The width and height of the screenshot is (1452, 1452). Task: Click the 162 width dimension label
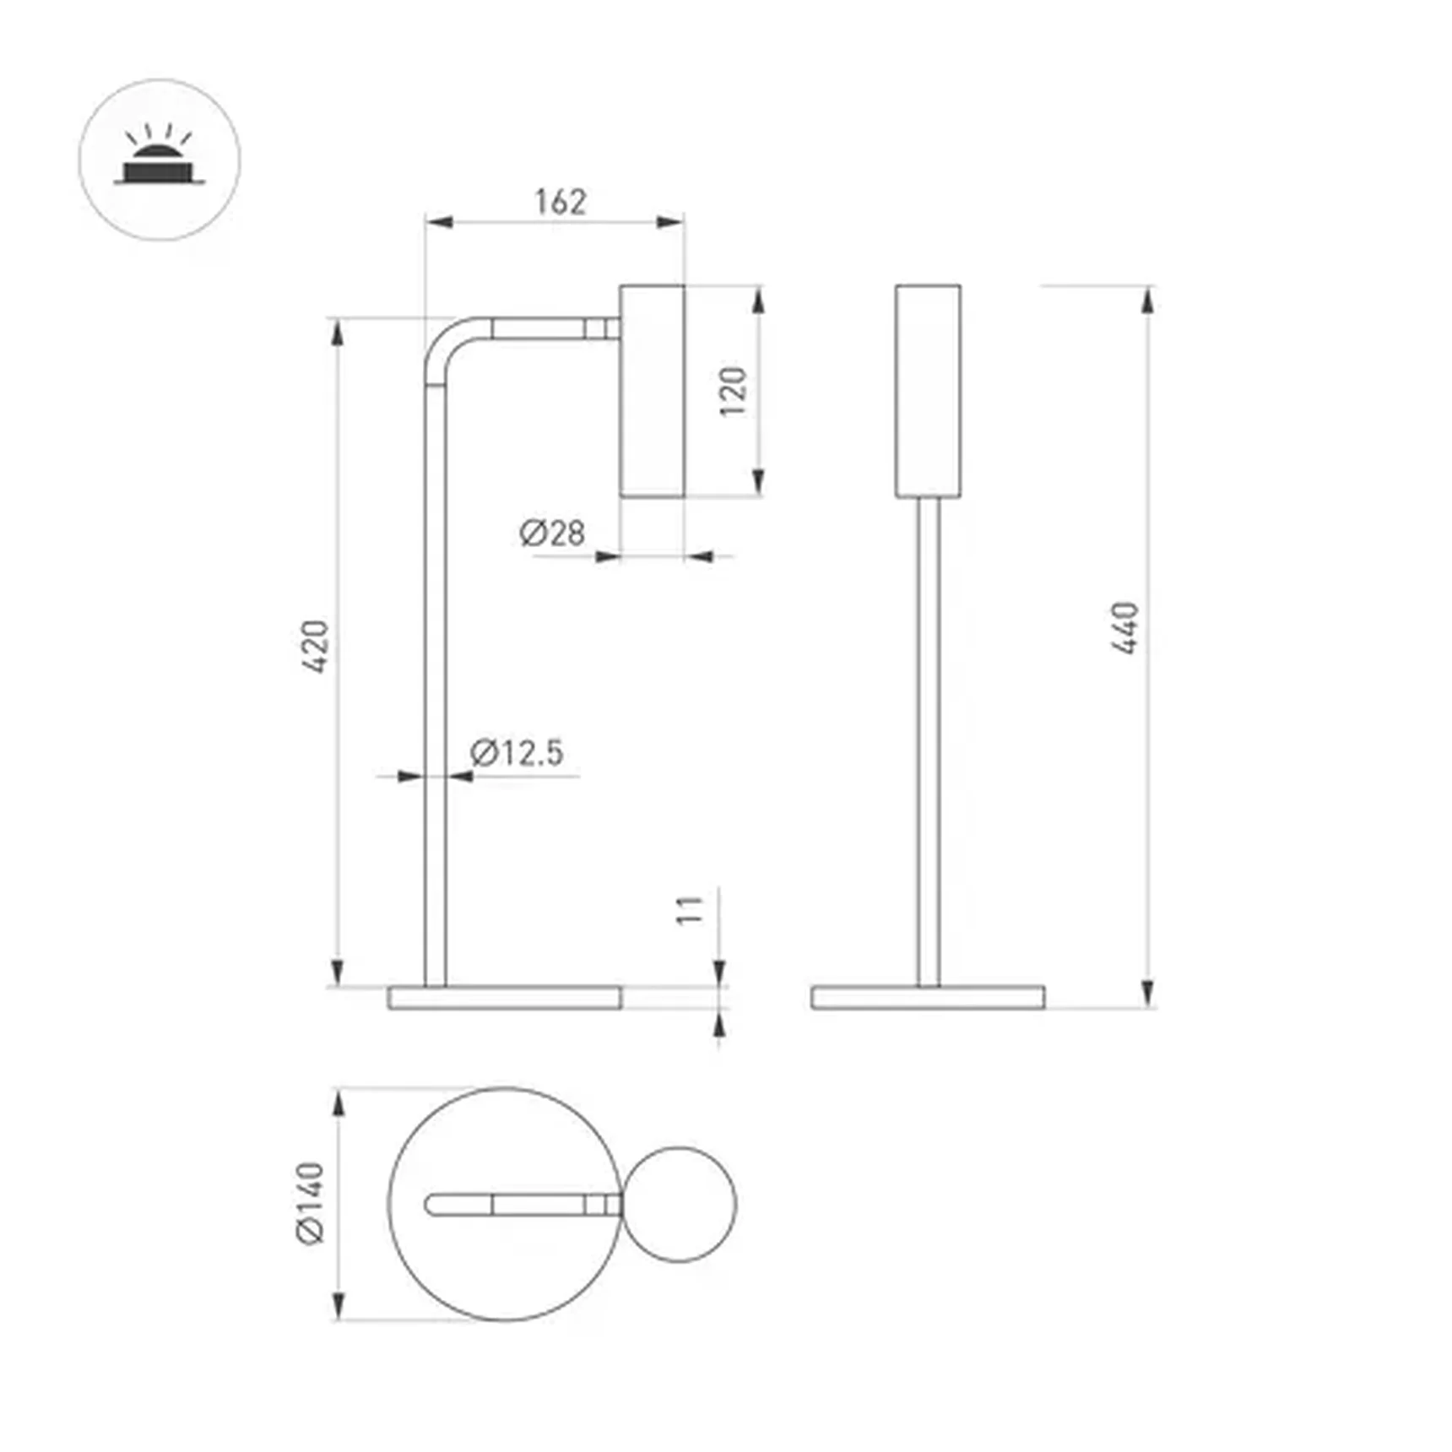560,202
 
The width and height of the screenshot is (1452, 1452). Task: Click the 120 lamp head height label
733,391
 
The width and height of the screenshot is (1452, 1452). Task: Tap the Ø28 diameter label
552,533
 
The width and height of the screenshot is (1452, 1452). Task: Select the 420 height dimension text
315,647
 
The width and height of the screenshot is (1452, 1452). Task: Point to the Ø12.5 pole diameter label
517,752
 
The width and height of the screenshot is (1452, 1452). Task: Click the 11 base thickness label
690,910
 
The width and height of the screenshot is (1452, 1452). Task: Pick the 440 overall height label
1124,628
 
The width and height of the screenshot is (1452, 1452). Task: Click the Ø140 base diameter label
311,1203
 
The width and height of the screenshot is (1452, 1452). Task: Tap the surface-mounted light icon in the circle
160,160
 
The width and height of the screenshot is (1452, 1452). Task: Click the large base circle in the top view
473,1266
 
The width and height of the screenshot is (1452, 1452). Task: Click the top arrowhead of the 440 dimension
1147,301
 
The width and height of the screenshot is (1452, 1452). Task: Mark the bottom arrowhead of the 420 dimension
338,972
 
